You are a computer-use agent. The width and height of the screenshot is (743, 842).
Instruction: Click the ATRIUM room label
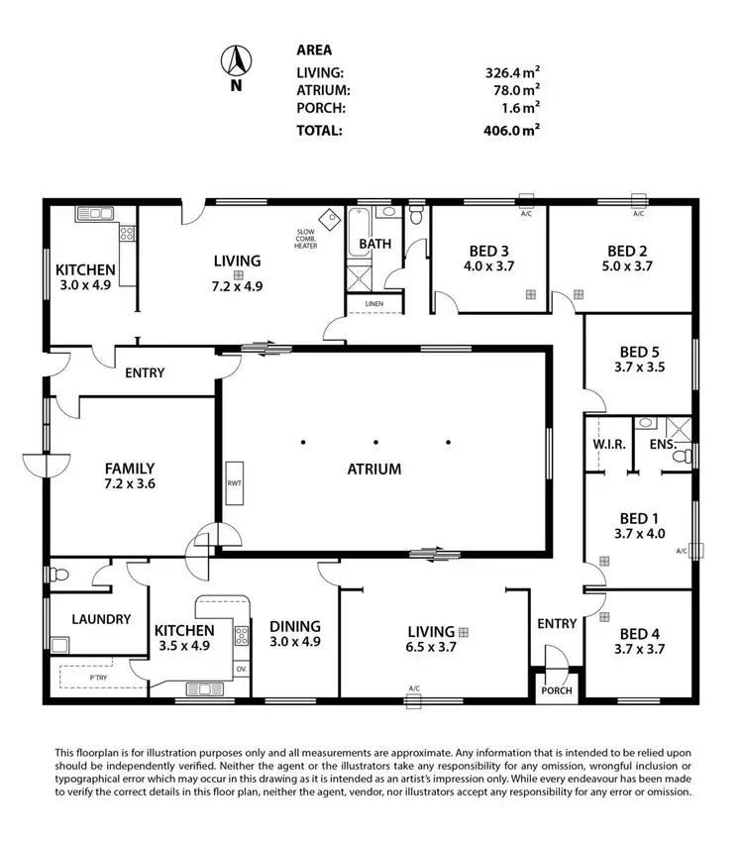374,470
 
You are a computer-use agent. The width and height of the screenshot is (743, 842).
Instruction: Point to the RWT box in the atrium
234,484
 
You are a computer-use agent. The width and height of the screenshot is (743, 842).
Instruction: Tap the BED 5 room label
640,352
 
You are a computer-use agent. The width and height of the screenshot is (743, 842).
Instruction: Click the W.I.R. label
609,445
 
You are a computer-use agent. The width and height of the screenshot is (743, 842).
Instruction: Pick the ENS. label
662,445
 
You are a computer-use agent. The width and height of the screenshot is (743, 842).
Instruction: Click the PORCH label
556,690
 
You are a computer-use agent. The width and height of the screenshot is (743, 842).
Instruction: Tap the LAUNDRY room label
101,619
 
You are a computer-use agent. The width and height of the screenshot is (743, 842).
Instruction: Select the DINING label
294,626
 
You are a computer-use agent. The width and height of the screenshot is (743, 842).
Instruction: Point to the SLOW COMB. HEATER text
305,240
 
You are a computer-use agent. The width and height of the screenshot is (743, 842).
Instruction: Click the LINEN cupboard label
373,303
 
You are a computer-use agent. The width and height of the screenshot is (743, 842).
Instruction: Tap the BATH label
374,244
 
